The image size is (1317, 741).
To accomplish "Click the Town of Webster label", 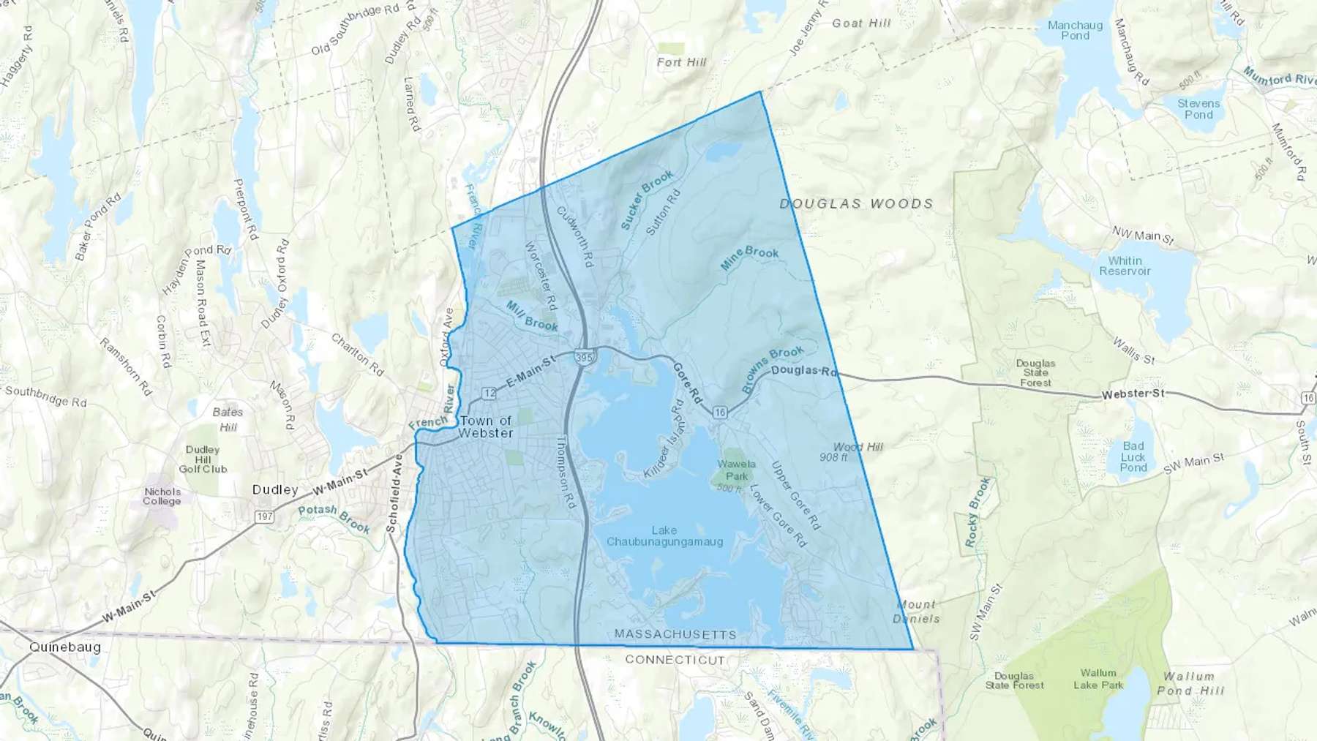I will (486, 426).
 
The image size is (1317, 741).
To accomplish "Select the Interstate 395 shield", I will (584, 357).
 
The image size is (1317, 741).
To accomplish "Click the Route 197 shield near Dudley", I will (264, 516).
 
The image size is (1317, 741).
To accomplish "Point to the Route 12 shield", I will (489, 394).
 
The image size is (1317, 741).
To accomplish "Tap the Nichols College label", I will (162, 496).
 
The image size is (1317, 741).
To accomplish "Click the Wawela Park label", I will (736, 470).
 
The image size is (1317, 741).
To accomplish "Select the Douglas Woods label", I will (856, 204).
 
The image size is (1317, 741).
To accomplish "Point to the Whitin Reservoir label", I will (1125, 266).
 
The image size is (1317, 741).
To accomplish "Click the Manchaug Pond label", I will (1075, 30).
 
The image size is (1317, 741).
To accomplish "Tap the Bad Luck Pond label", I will (1133, 456).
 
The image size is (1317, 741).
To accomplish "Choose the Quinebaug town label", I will (65, 647).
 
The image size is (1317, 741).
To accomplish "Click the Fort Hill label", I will (681, 62).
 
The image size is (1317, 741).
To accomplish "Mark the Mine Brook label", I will (749, 257).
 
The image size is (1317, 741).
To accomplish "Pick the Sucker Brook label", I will (647, 200).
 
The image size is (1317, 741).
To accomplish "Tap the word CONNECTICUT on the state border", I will (675, 660).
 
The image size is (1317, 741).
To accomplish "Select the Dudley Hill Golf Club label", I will (203, 459).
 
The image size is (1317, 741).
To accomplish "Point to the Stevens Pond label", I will (1198, 109).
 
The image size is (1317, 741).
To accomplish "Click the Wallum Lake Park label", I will (1098, 679).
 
